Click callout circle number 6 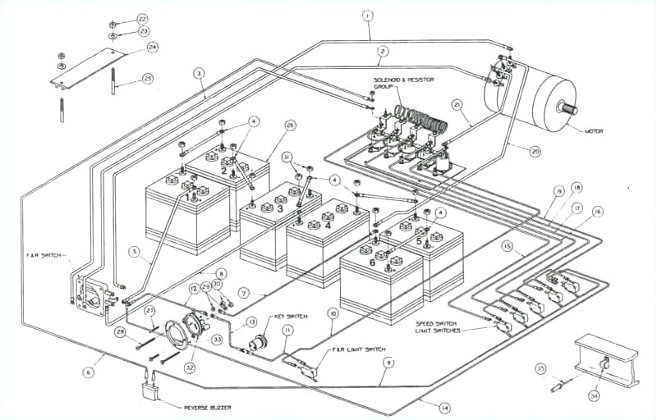(x=87, y=372)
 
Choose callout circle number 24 (x=152, y=47)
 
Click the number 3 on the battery (x=281, y=209)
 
